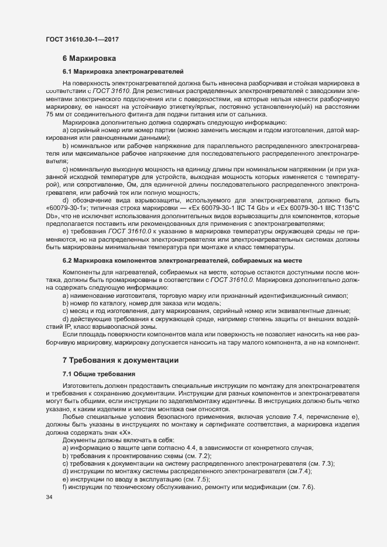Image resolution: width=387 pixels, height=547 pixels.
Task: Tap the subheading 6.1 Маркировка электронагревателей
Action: coord(123,72)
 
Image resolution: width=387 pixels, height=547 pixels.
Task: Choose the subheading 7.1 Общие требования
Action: coord(99,373)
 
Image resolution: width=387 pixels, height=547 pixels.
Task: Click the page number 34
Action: coord(49,497)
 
